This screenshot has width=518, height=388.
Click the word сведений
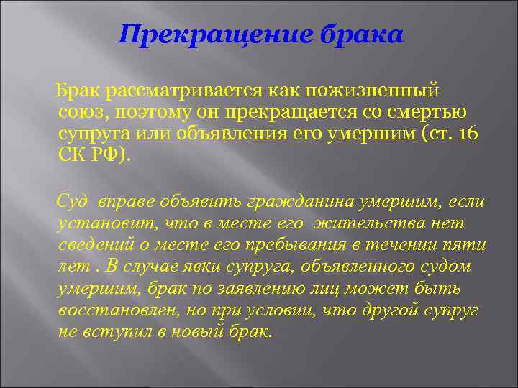click(92, 246)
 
